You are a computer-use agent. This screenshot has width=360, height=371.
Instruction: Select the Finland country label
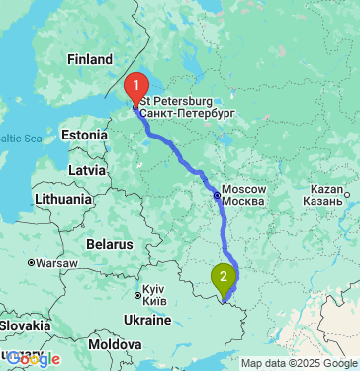click(90, 60)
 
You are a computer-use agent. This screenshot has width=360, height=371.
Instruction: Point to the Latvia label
click(87, 170)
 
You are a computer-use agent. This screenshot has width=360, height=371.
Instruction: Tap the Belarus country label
click(109, 243)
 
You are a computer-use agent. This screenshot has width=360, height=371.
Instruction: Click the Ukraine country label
click(146, 321)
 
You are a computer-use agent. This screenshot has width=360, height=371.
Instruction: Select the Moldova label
click(115, 344)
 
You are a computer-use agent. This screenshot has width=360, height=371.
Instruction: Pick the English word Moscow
click(244, 189)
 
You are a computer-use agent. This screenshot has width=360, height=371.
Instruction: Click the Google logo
click(34, 359)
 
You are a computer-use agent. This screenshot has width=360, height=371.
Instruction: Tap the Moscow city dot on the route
click(217, 195)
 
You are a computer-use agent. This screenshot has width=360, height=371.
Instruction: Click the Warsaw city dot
click(32, 264)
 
